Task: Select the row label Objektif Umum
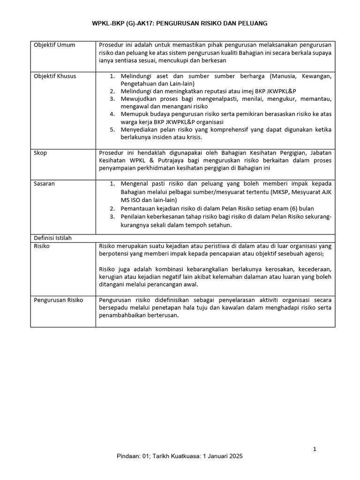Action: pyautogui.click(x=54, y=45)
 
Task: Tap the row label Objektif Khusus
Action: pyautogui.click(x=55, y=76)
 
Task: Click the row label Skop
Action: pyautogui.click(x=40, y=153)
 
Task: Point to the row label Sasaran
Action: pyautogui.click(x=44, y=184)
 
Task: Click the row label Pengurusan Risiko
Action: pyautogui.click(x=59, y=300)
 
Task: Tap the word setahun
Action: pyautogui.click(x=217, y=225)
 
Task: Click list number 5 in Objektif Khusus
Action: pyautogui.click(x=112, y=130)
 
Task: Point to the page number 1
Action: pyautogui.click(x=315, y=450)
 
